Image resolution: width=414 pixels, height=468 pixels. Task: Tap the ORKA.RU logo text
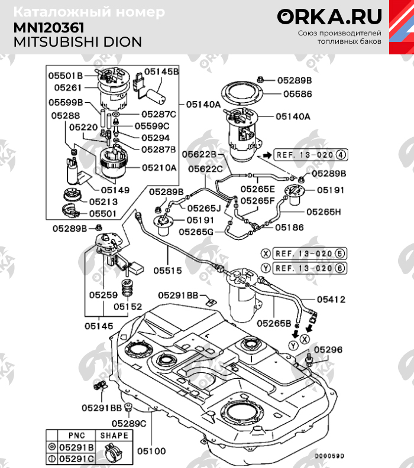329,17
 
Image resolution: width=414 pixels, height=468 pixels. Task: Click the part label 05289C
130,423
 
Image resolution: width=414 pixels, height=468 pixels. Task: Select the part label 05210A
159,167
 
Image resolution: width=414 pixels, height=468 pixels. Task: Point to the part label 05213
104,201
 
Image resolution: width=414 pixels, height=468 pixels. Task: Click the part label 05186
289,226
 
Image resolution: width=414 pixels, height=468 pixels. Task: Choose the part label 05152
128,307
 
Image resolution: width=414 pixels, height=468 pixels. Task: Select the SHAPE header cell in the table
114,435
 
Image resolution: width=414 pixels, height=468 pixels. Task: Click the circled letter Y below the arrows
293,345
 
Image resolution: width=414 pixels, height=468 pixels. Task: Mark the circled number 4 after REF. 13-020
341,155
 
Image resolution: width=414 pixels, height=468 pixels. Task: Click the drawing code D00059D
329,456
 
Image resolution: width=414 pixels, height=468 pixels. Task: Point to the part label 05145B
162,71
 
